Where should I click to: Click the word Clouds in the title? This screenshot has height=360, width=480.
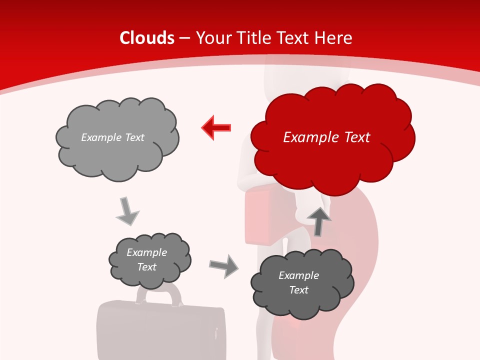(x=147, y=38)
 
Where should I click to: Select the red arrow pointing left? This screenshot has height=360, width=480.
(x=216, y=127)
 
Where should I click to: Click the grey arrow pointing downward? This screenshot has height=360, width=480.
(x=127, y=211)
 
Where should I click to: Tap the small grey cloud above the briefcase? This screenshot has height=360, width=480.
(x=149, y=260)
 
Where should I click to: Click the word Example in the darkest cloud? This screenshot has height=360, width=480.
(x=298, y=275)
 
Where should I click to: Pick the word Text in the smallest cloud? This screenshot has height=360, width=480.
(x=146, y=267)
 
